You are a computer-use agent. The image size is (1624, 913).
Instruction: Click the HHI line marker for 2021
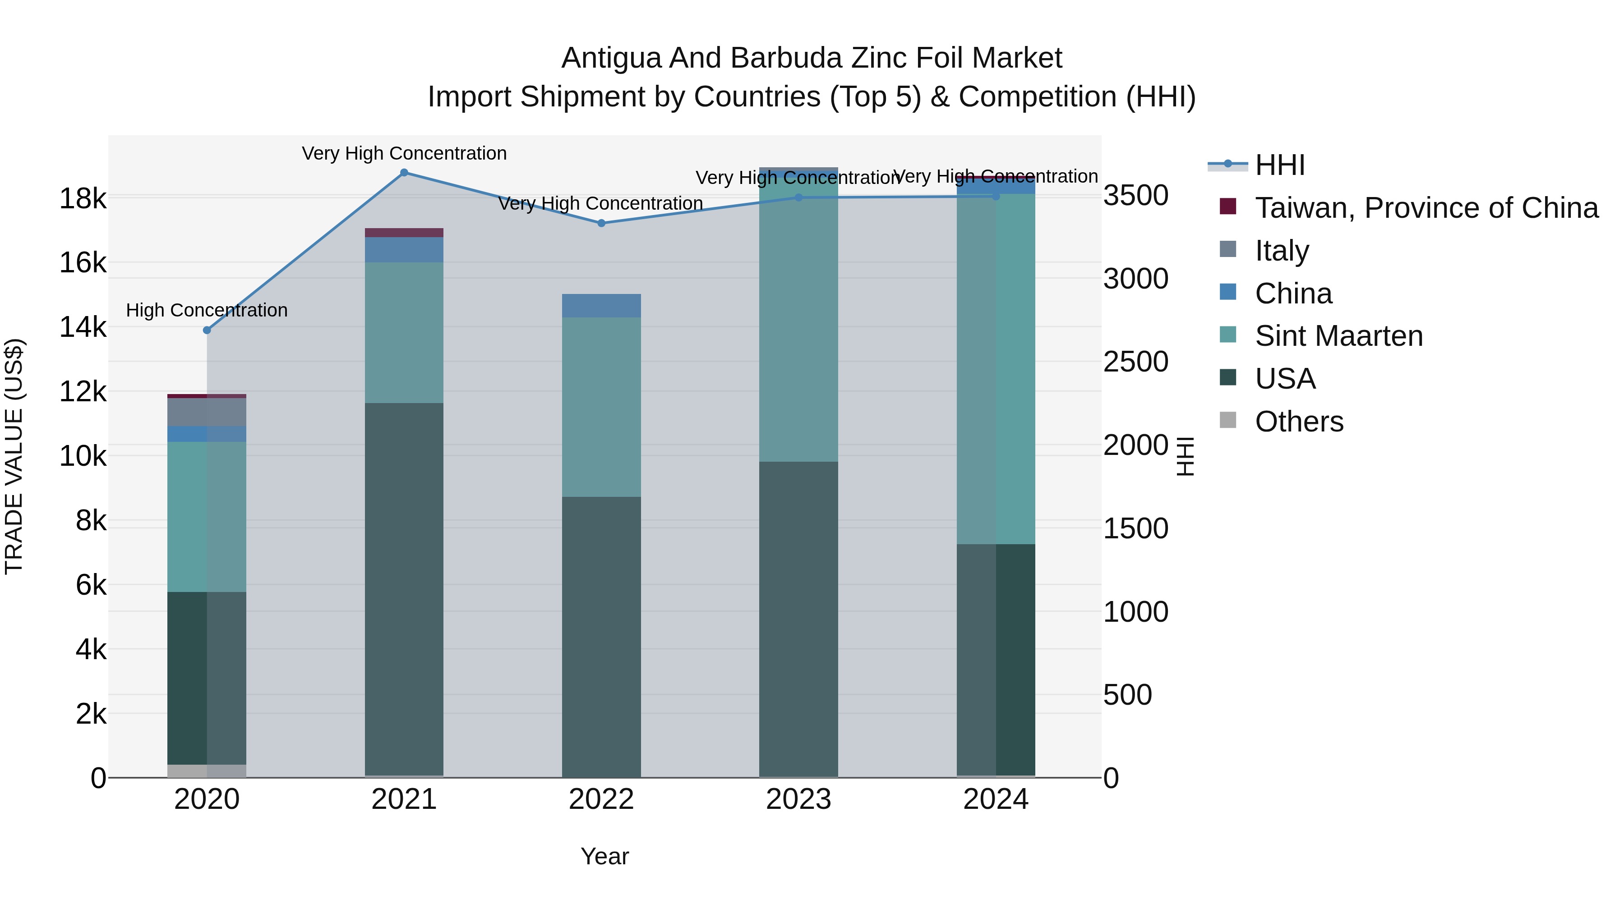click(x=404, y=172)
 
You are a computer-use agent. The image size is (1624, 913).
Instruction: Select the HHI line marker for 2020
click(x=207, y=330)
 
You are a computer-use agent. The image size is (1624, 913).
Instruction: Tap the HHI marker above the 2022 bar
click(x=601, y=223)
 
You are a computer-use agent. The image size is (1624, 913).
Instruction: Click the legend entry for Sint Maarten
click(x=1338, y=336)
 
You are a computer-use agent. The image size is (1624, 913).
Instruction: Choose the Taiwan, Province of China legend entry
click(x=1426, y=208)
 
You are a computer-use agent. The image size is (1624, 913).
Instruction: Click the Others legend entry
click(x=1299, y=422)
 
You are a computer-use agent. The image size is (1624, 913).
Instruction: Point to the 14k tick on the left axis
click(x=83, y=327)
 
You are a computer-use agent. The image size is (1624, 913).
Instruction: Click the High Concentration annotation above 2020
click(x=207, y=310)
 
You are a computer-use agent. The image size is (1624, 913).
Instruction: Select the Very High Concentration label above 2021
click(x=404, y=153)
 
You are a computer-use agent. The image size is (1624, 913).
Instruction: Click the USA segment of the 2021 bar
click(x=404, y=589)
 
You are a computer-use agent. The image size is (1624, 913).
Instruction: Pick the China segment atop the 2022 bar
click(x=601, y=306)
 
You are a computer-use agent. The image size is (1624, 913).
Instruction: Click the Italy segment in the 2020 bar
click(x=207, y=412)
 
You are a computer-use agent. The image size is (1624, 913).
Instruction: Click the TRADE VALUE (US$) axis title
click(x=14, y=456)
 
